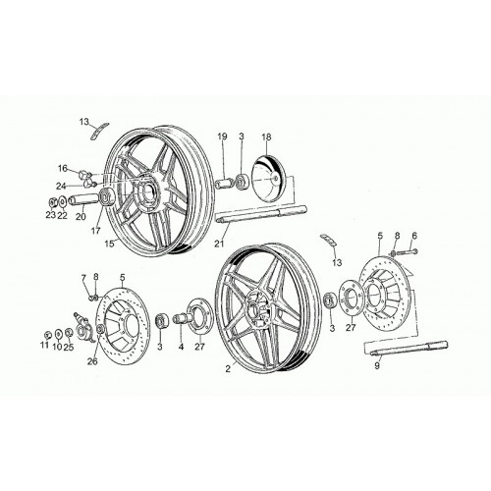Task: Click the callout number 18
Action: (266, 136)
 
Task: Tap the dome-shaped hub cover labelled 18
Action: (269, 178)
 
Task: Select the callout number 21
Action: (219, 244)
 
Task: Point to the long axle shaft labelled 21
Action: (261, 213)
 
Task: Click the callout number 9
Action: (377, 365)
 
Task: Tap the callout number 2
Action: (228, 368)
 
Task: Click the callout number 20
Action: (81, 216)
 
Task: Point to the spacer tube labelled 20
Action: (83, 199)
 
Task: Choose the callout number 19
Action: (222, 136)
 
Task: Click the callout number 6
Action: (414, 236)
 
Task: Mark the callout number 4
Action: (181, 347)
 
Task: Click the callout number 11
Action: (44, 345)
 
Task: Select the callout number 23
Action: (50, 215)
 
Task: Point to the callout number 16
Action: (63, 169)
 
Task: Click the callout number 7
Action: (83, 278)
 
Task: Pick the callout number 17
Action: (95, 231)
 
